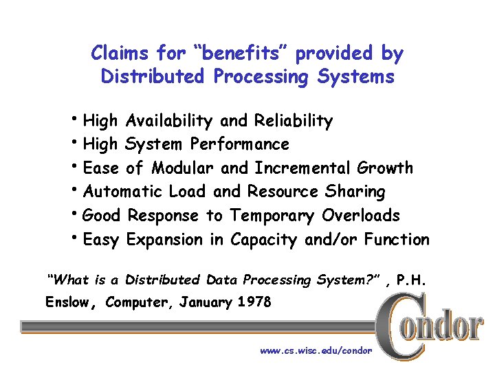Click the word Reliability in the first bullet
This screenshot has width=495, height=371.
pos(294,122)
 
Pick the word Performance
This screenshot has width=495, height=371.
pos(239,145)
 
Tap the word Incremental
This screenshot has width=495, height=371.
pos(302,168)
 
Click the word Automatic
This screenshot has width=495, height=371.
pos(122,192)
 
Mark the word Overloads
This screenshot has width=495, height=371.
pos(361,216)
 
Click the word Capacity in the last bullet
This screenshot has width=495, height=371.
pos(265,240)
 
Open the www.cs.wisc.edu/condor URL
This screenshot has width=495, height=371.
pos(316,350)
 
